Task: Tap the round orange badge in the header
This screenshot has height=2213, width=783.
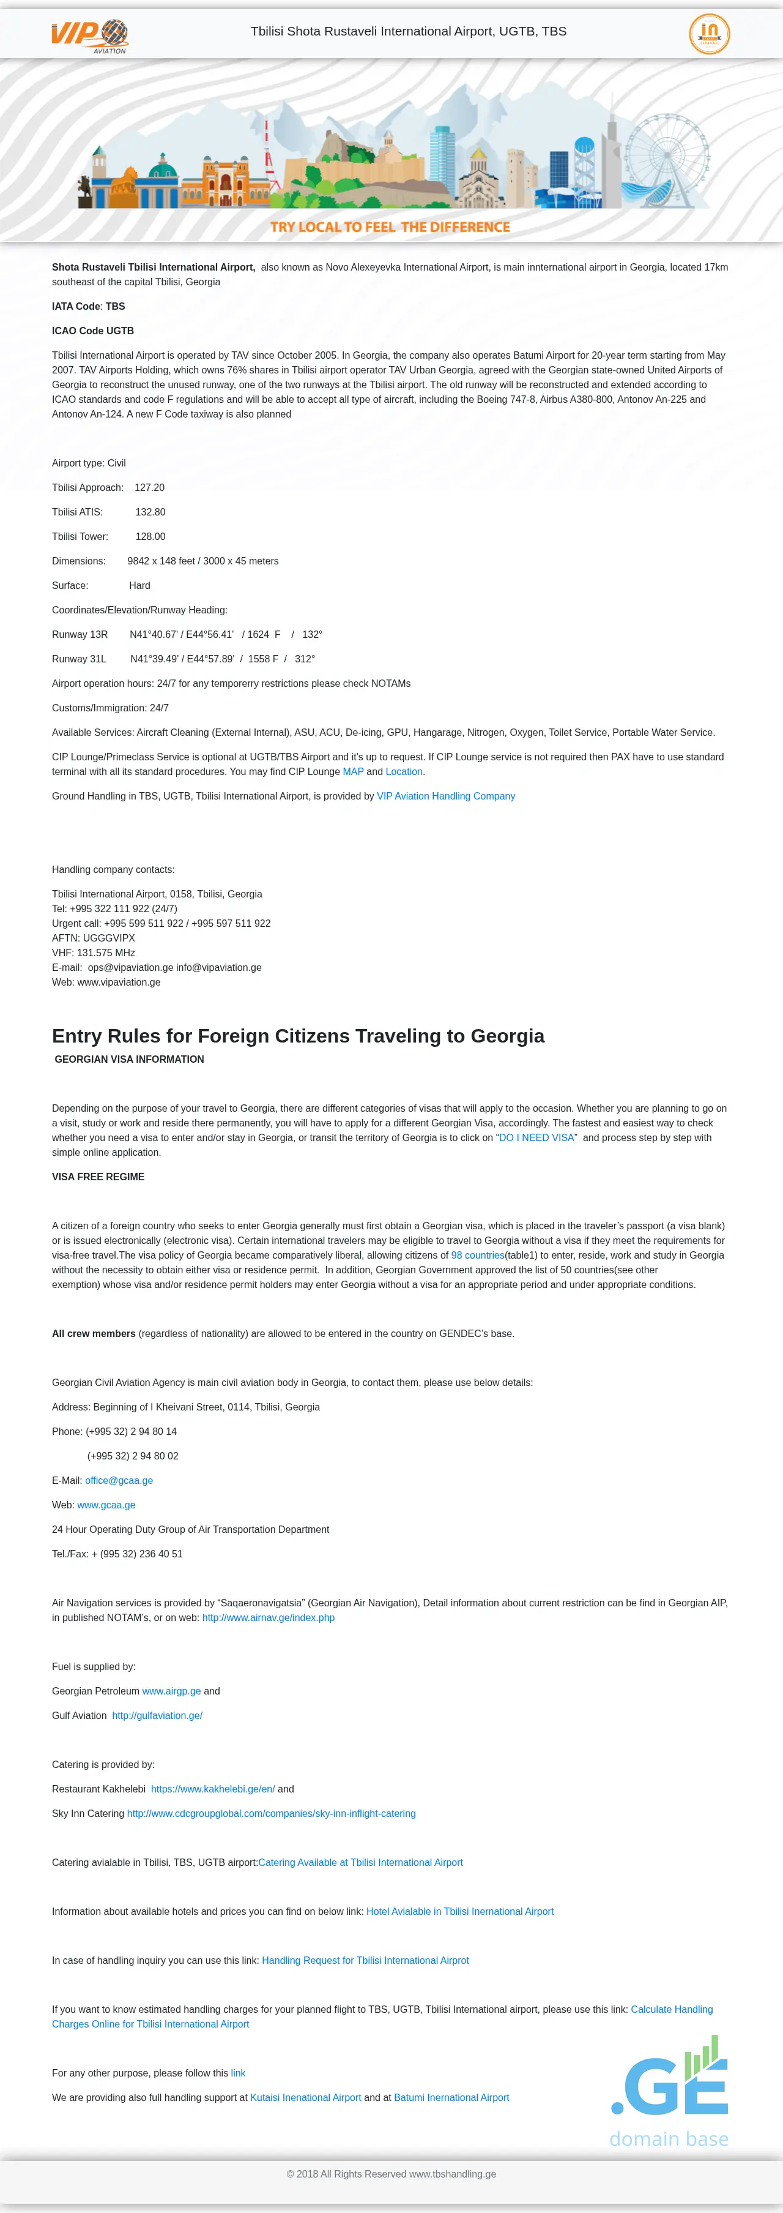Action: (x=709, y=34)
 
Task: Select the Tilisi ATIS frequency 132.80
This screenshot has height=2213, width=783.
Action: (x=150, y=512)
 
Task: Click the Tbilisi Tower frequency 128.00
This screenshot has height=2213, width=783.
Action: (x=150, y=537)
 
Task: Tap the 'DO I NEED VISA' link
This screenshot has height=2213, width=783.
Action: (x=536, y=1138)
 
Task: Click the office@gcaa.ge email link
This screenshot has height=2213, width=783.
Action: (x=119, y=1481)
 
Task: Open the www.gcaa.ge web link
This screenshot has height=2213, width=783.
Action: (x=106, y=1505)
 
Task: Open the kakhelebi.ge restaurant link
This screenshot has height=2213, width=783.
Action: (x=213, y=1789)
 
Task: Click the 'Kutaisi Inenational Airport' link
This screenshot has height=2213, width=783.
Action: (x=306, y=2098)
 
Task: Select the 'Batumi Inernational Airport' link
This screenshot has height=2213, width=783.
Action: (x=451, y=2098)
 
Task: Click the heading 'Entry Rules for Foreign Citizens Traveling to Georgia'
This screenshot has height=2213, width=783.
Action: (x=298, y=1036)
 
